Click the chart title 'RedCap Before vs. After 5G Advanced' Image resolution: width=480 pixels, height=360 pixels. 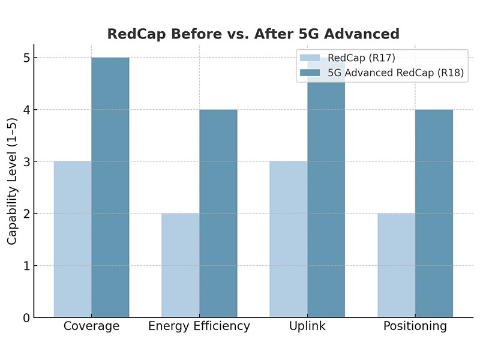click(x=253, y=34)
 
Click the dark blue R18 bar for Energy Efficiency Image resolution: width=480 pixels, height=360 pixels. click(x=218, y=213)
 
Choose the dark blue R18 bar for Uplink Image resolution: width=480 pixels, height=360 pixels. click(x=326, y=198)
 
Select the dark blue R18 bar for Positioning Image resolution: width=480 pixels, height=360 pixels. click(x=434, y=213)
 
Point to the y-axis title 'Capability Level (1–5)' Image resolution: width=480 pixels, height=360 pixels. click(x=13, y=181)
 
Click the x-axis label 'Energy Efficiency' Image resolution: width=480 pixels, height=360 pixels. click(x=199, y=327)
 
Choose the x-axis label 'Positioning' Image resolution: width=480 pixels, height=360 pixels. click(x=415, y=327)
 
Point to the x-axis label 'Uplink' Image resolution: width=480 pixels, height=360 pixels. click(x=307, y=327)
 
